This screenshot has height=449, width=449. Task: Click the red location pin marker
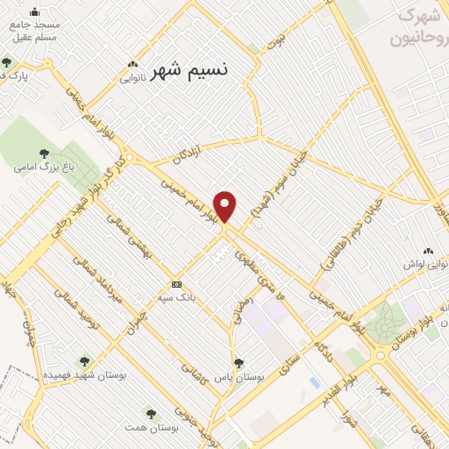(x=225, y=207)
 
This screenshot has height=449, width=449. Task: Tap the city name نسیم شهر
(x=189, y=71)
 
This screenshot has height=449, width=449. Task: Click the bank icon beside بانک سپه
(x=176, y=284)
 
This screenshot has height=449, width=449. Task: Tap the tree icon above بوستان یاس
(x=238, y=362)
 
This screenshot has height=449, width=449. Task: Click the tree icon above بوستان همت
(x=153, y=411)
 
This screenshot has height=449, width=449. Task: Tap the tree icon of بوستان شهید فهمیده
(x=84, y=361)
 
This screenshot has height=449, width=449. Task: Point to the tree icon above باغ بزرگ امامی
(x=37, y=150)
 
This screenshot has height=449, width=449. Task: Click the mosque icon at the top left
(x=34, y=13)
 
